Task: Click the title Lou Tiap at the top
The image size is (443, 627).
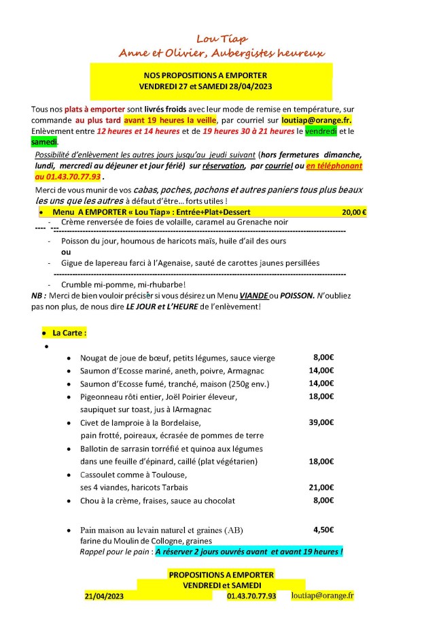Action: pyautogui.click(x=221, y=39)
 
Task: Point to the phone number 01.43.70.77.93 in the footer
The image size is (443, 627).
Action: pyautogui.click(x=251, y=596)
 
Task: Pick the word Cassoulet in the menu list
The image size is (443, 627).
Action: pyautogui.click(x=99, y=475)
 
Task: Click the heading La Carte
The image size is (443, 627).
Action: pyautogui.click(x=69, y=333)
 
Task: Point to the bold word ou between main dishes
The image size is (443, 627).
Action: pyautogui.click(x=66, y=252)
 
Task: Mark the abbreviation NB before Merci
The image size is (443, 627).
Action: pyautogui.click(x=38, y=295)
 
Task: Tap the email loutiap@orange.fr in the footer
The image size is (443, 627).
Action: pyautogui.click(x=322, y=595)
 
